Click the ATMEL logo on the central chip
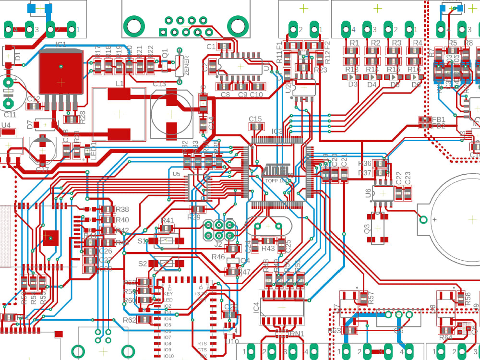click(x=276, y=170)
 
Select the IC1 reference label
click(x=61, y=44)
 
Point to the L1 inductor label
click(x=120, y=84)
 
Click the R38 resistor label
click(x=122, y=209)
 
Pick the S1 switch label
click(x=143, y=241)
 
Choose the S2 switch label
click(x=143, y=264)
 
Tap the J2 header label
click(x=218, y=244)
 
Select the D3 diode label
click(x=353, y=84)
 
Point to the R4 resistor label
click(x=418, y=43)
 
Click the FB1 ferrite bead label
click(x=438, y=119)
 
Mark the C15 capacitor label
click(x=255, y=119)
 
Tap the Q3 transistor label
click(x=368, y=229)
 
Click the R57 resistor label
click(x=371, y=300)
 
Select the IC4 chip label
click(x=256, y=307)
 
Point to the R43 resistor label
click(x=268, y=248)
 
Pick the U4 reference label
click(x=6, y=126)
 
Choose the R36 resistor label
click(x=365, y=164)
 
